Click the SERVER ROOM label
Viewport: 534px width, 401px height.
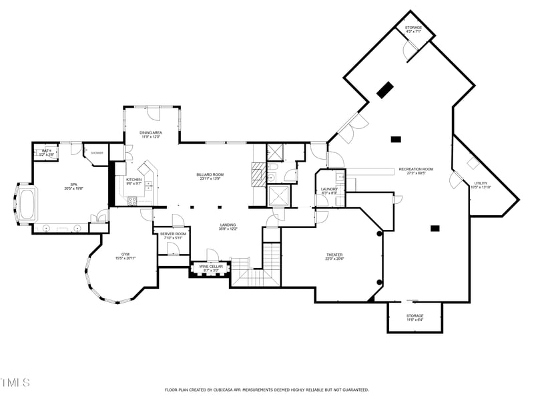[173, 234]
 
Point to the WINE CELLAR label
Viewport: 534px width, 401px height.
[211, 267]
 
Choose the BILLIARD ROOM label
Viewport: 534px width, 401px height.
[210, 175]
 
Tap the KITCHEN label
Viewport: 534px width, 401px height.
[134, 180]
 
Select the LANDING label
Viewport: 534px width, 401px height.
[228, 225]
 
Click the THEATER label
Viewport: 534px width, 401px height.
[334, 255]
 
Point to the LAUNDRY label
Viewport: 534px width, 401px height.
[329, 189]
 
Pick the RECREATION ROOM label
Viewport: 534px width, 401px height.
[416, 170]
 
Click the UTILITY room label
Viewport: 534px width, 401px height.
[481, 183]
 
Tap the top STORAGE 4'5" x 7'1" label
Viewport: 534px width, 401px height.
[413, 27]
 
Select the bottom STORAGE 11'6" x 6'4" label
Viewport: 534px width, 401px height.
[415, 316]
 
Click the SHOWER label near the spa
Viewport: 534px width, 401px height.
[97, 153]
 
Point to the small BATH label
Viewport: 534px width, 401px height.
[46, 151]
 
